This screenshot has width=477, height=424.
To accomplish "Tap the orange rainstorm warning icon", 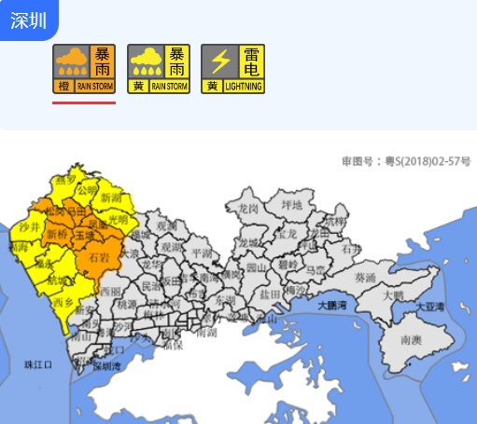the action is click(x=84, y=69).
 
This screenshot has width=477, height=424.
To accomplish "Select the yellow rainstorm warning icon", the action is click(x=159, y=69).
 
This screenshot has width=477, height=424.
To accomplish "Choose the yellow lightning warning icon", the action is click(x=233, y=69).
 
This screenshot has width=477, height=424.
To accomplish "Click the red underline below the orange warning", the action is click(x=84, y=103).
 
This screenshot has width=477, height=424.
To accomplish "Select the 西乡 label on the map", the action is click(x=63, y=302).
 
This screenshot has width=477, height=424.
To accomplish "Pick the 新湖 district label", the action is click(x=111, y=198).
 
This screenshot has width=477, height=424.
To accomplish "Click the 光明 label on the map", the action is click(x=118, y=220).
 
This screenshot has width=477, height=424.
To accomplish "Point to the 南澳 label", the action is click(x=413, y=341).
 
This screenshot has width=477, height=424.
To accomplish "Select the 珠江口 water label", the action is click(x=39, y=364).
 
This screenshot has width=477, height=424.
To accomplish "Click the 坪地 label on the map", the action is click(x=292, y=204).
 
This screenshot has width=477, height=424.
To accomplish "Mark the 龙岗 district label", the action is click(x=248, y=208).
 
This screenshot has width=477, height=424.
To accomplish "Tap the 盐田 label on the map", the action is click(x=270, y=293).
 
